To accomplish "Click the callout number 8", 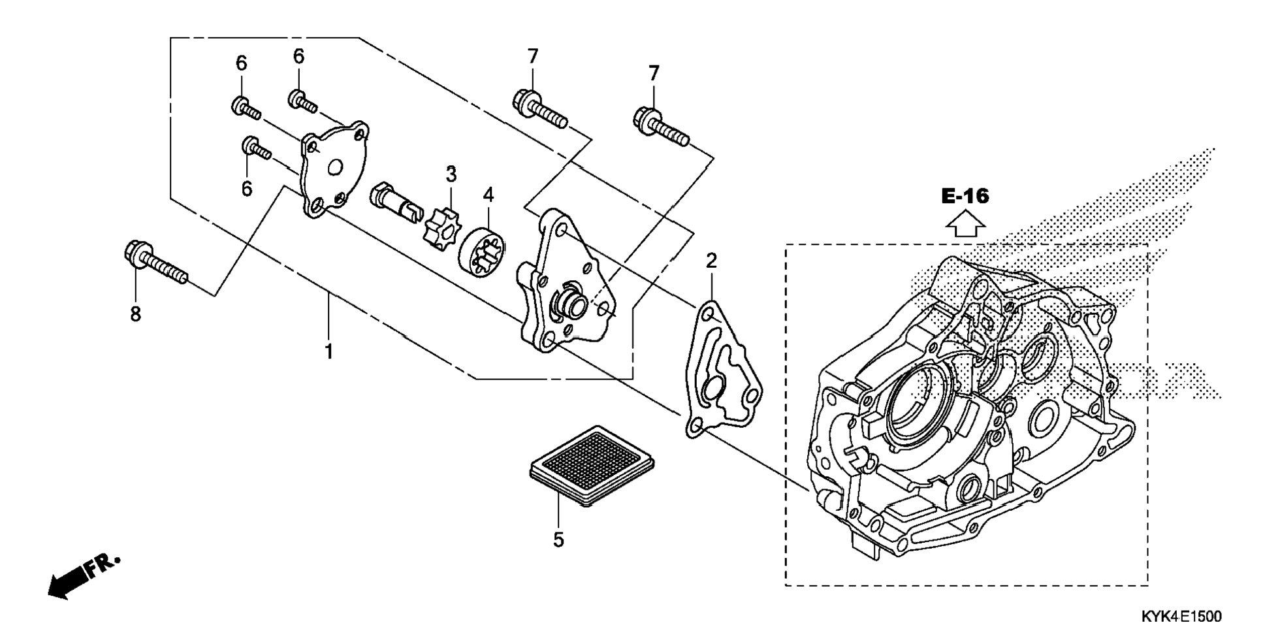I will tap(135, 314).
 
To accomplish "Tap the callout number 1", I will tap(329, 351).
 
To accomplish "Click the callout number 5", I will tap(558, 540).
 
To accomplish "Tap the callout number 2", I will tap(711, 261).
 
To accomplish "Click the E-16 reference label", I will tap(965, 195).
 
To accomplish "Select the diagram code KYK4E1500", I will tap(1181, 616).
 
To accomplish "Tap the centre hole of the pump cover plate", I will tap(336, 168).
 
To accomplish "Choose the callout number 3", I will tap(451, 174).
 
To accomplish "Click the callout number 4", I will tap(488, 195).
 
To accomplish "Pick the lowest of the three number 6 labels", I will tap(246, 189).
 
